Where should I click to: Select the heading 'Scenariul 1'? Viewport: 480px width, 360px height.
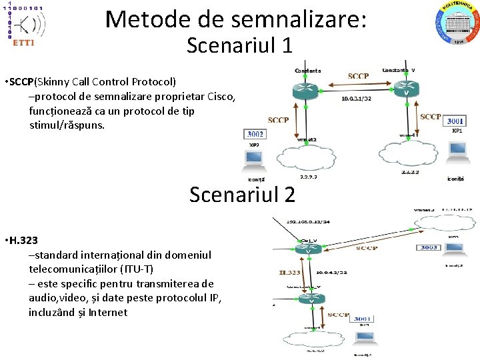[239, 46]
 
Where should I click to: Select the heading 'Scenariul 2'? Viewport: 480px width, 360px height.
[242, 195]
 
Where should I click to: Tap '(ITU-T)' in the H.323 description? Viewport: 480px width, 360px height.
[134, 269]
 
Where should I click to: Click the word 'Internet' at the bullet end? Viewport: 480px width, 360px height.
[107, 312]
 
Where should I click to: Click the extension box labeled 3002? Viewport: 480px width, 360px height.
[255, 134]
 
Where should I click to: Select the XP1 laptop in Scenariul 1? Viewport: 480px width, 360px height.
[457, 151]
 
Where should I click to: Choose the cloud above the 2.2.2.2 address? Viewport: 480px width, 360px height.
[307, 159]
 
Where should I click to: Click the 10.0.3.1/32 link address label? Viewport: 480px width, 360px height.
[356, 99]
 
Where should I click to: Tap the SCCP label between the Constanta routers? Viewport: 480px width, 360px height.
[358, 77]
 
